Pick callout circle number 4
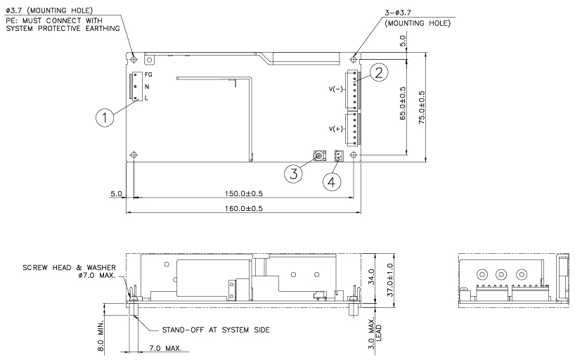[x=332, y=181]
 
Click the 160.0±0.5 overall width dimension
[x=244, y=208]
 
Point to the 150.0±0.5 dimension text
[x=244, y=193]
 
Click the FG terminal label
[x=148, y=74]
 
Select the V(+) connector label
[x=335, y=129]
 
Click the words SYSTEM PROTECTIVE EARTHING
[x=63, y=27]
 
